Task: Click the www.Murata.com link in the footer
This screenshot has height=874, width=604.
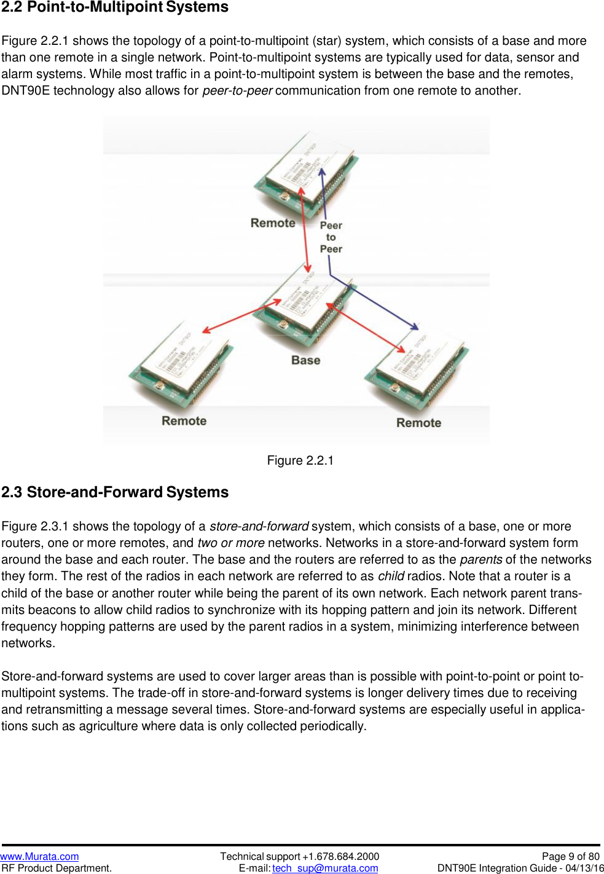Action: (39, 856)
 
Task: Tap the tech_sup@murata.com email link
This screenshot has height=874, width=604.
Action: (325, 868)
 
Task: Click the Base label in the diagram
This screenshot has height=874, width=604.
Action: (305, 360)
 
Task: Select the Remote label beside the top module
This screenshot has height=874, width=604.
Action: (273, 223)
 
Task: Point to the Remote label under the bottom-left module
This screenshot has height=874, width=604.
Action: (184, 421)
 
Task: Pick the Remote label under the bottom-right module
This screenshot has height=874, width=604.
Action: (418, 423)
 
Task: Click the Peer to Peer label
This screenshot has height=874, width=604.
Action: (331, 237)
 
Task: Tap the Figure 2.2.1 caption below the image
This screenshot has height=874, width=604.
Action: (300, 460)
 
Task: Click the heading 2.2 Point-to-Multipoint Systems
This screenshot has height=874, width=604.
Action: (115, 7)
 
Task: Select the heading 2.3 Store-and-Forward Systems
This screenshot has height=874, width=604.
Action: (115, 492)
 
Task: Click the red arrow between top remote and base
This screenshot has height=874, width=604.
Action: (304, 227)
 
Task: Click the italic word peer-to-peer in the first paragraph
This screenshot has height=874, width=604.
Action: (237, 90)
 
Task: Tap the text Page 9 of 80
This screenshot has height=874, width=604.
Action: (570, 856)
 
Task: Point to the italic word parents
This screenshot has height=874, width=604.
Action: (480, 559)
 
